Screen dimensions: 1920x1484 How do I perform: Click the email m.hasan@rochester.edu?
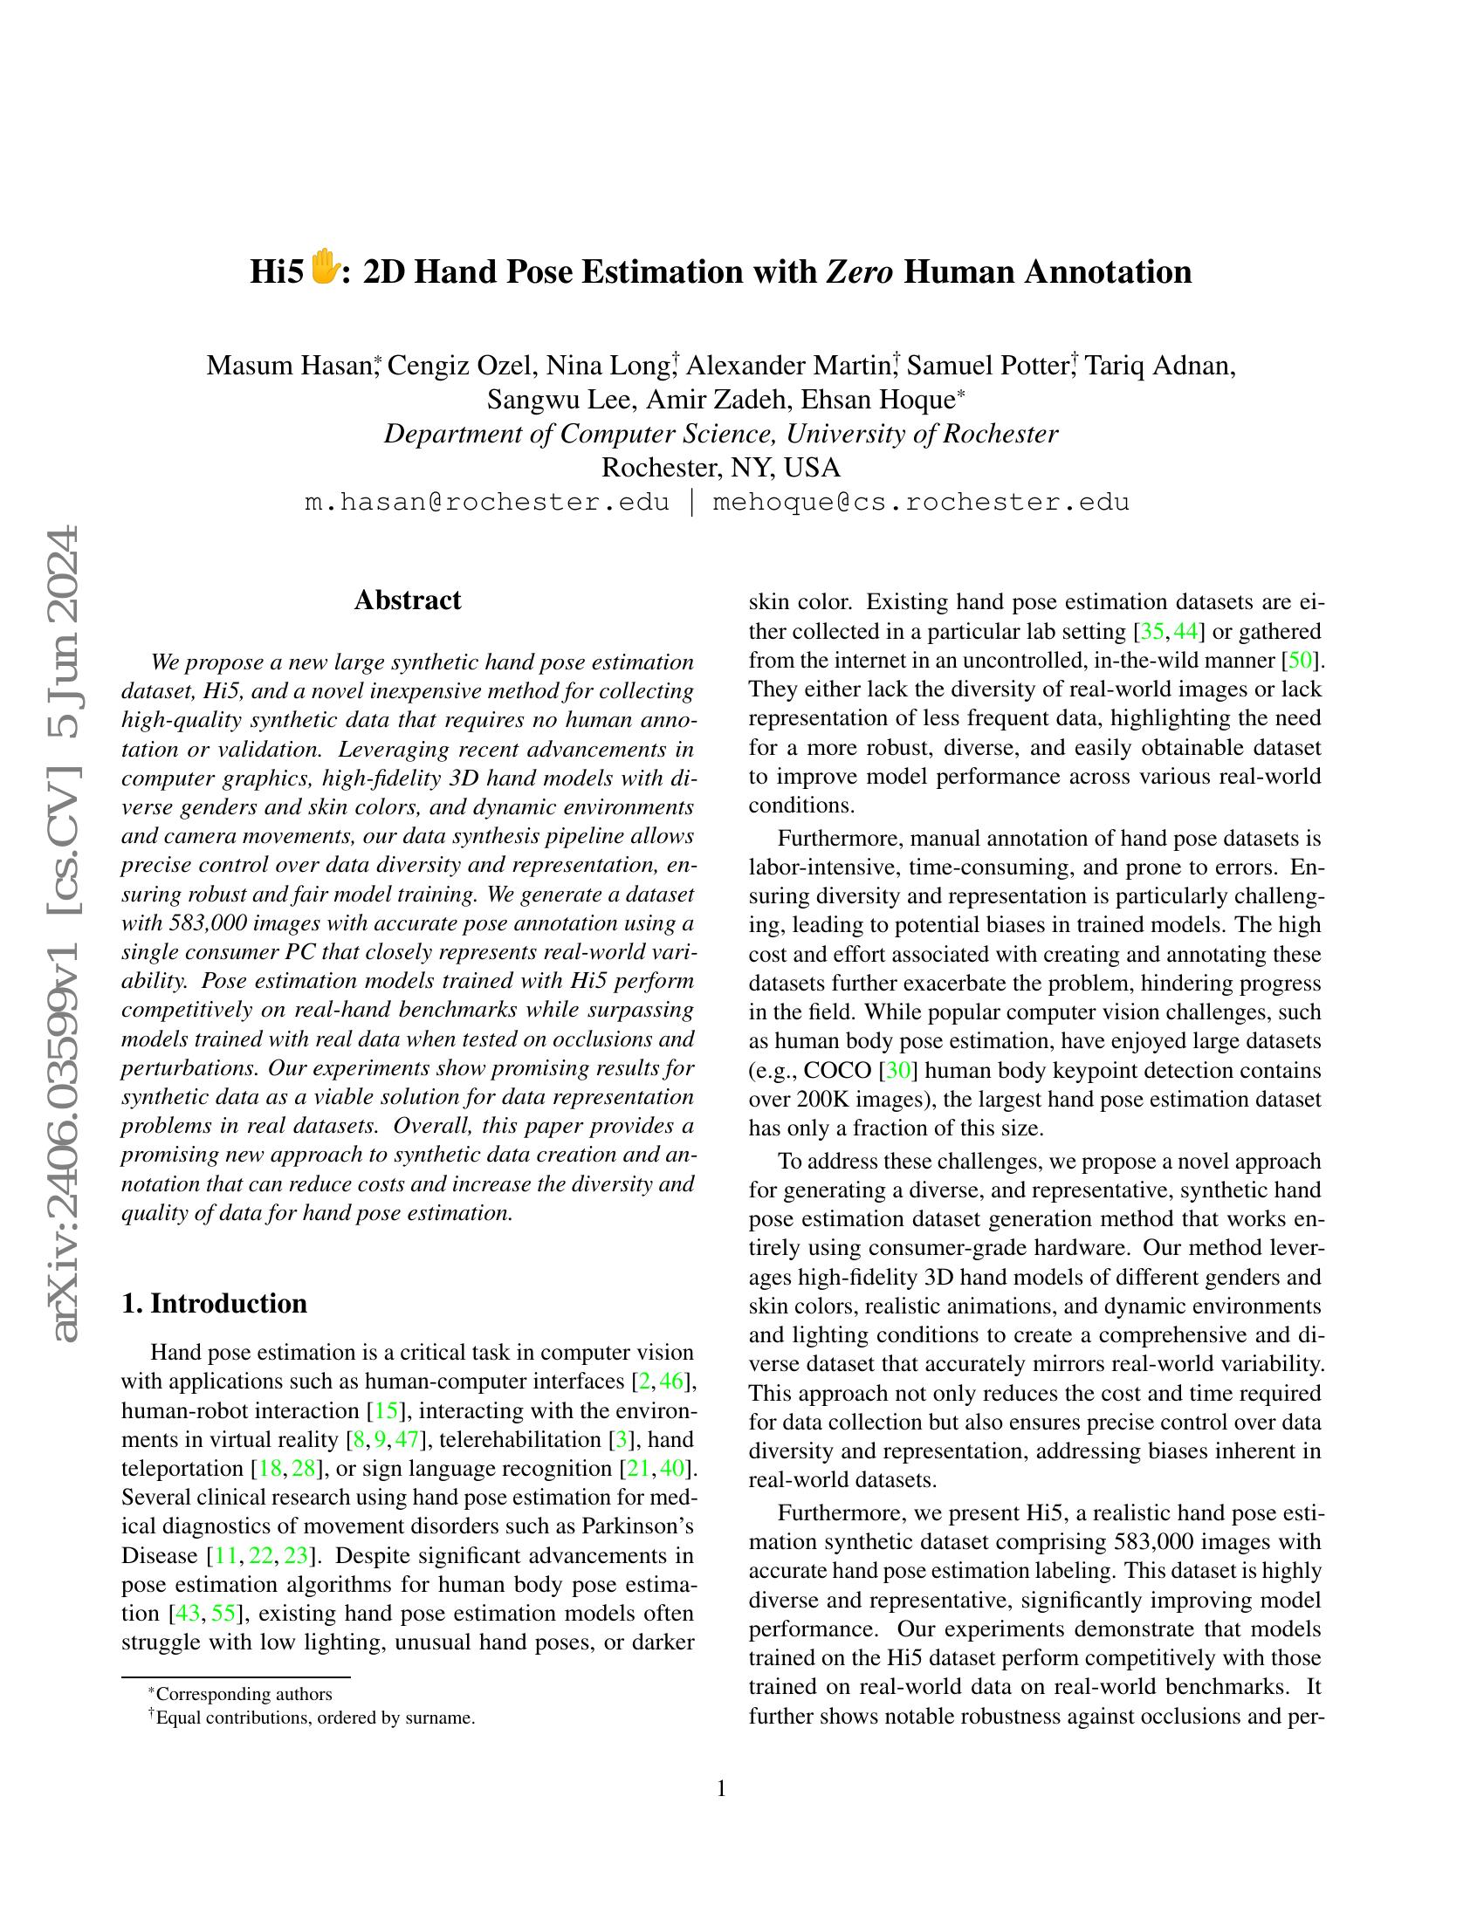click(x=486, y=502)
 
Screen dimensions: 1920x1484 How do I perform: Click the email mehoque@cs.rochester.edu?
click(x=920, y=502)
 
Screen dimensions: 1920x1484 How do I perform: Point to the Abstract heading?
click(x=407, y=600)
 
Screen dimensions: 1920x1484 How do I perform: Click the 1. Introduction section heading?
click(x=214, y=1303)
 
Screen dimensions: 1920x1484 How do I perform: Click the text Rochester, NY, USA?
click(x=721, y=468)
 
